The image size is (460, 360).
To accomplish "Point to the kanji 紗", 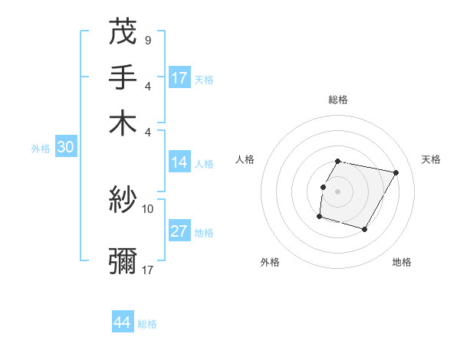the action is [123, 201].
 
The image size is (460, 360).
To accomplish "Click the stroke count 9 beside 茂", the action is [147, 38].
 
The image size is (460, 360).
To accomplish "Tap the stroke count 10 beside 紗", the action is [148, 208].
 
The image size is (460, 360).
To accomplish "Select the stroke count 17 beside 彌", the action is [148, 270].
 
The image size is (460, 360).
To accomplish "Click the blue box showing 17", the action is [179, 78].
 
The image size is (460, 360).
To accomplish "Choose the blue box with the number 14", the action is [179, 162].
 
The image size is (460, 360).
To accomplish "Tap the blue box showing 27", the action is [179, 232].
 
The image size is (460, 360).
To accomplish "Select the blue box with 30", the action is [65, 148].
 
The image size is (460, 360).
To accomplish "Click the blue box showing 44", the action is [122, 322].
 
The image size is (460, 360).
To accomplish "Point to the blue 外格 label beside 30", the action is [41, 149].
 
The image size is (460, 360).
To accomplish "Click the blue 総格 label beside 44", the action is [147, 324].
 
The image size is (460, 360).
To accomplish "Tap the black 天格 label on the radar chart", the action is [431, 159].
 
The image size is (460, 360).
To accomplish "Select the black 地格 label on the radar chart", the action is [402, 262].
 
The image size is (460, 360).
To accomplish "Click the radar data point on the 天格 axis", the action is [396, 173].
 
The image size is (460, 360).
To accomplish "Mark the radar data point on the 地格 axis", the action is [365, 230].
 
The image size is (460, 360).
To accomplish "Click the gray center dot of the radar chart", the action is [337, 191].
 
